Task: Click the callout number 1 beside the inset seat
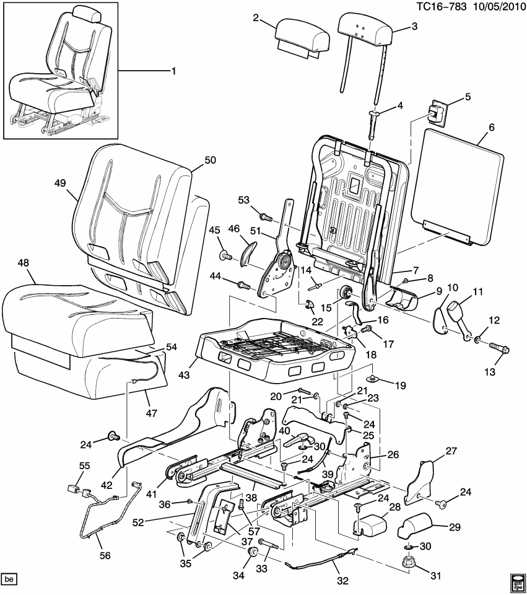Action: point(173,71)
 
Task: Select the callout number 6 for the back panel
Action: point(491,127)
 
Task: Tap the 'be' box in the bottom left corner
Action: point(9,580)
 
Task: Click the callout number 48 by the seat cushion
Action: point(24,263)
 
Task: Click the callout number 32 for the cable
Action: point(342,581)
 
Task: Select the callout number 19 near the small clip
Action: point(400,386)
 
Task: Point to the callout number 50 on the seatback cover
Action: point(210,159)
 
